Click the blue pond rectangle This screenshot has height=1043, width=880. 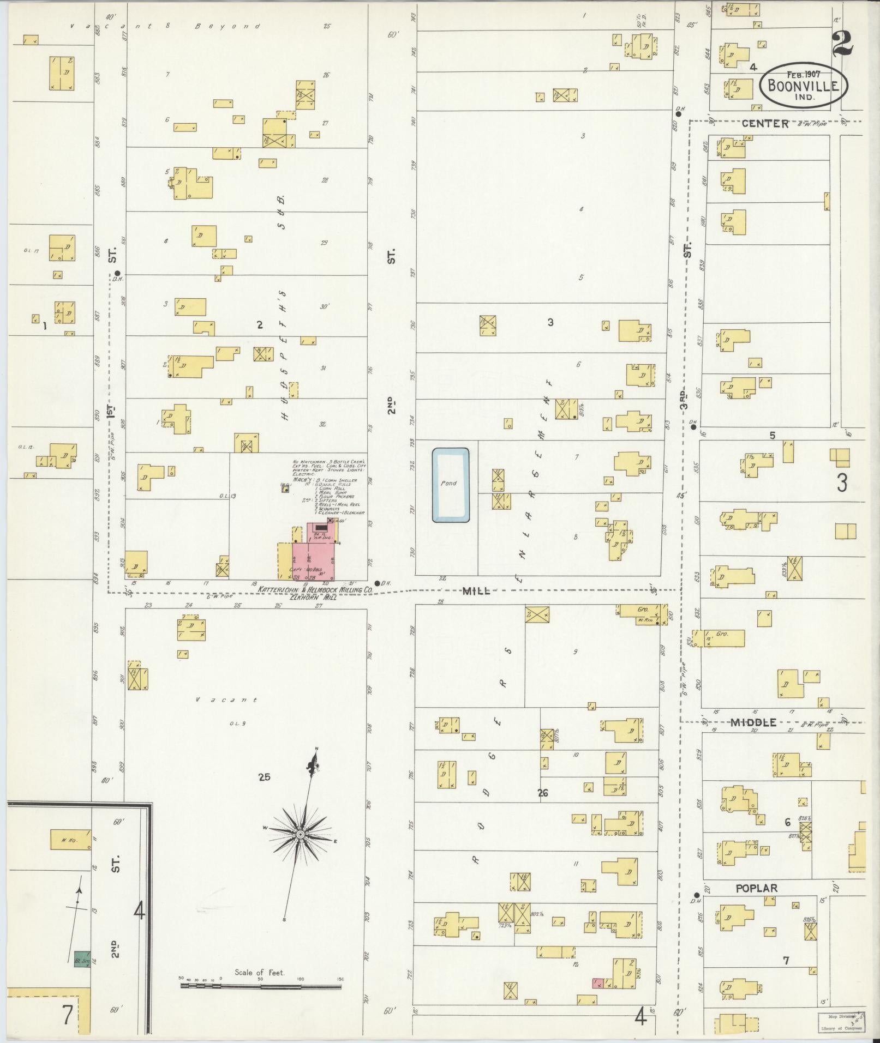451,485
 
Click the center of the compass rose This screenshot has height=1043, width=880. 300,835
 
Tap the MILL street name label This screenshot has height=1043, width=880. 476,590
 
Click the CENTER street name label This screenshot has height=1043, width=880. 765,124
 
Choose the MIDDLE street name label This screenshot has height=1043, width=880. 753,722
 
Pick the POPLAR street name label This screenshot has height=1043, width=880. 757,888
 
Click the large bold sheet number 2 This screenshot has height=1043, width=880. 842,44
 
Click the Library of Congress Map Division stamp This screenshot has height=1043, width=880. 840,1020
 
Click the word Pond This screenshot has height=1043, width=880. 449,483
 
